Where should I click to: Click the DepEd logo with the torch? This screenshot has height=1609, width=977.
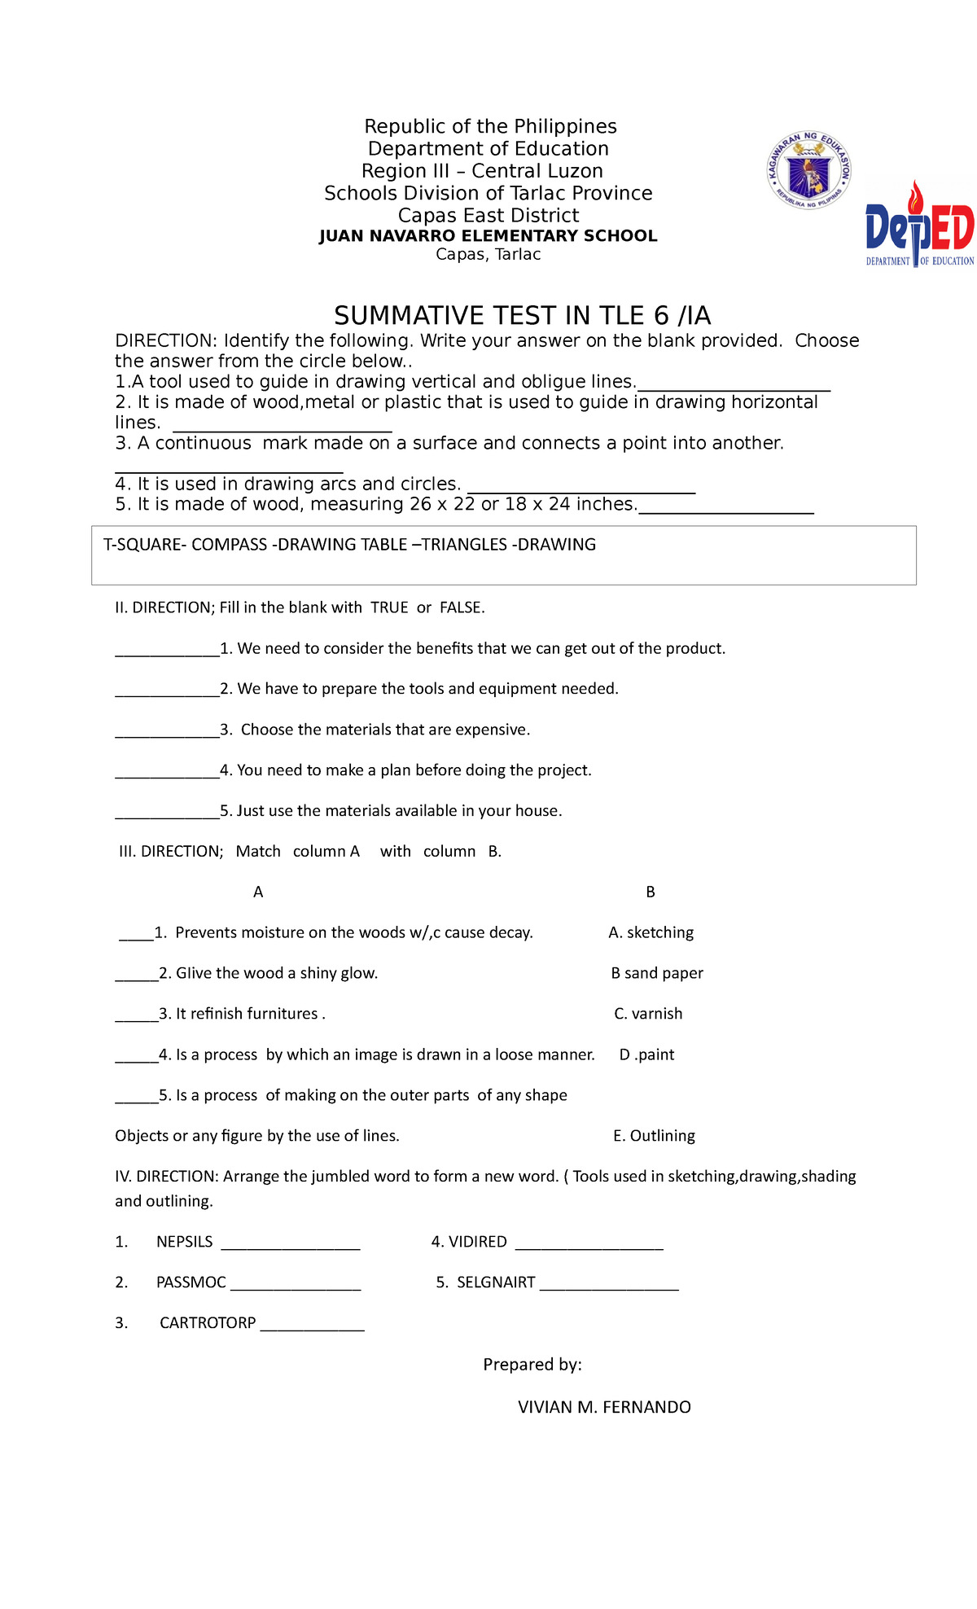pyautogui.click(x=919, y=226)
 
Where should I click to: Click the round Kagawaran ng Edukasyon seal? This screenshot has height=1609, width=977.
pyautogui.click(x=809, y=171)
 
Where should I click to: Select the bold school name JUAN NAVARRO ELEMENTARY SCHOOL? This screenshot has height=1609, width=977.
pyautogui.click(x=488, y=236)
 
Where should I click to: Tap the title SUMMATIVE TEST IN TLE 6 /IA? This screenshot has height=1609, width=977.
pyautogui.click(x=522, y=315)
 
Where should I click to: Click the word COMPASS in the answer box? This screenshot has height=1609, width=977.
pyautogui.click(x=229, y=545)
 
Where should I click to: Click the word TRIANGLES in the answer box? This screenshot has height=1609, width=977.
pyautogui.click(x=463, y=545)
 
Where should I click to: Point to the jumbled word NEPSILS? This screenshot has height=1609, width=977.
pyautogui.click(x=184, y=1242)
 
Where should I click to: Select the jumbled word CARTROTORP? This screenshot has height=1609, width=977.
pyautogui.click(x=208, y=1323)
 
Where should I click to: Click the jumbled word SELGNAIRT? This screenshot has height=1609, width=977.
pyautogui.click(x=496, y=1282)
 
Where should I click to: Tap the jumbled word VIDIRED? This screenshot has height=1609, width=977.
pyautogui.click(x=478, y=1242)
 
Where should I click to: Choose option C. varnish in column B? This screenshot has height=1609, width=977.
pyautogui.click(x=648, y=1014)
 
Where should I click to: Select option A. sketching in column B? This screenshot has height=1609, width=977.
pyautogui.click(x=651, y=932)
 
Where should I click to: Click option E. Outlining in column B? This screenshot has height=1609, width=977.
pyautogui.click(x=654, y=1136)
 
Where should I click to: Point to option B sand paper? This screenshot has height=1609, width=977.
pyautogui.click(x=657, y=973)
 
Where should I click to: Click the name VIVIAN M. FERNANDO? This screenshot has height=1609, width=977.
pyautogui.click(x=604, y=1407)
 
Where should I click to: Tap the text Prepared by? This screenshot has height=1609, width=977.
pyautogui.click(x=532, y=1365)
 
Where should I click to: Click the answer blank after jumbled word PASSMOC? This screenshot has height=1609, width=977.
pyautogui.click(x=296, y=1286)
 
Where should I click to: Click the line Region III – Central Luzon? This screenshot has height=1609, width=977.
pyautogui.click(x=482, y=171)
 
